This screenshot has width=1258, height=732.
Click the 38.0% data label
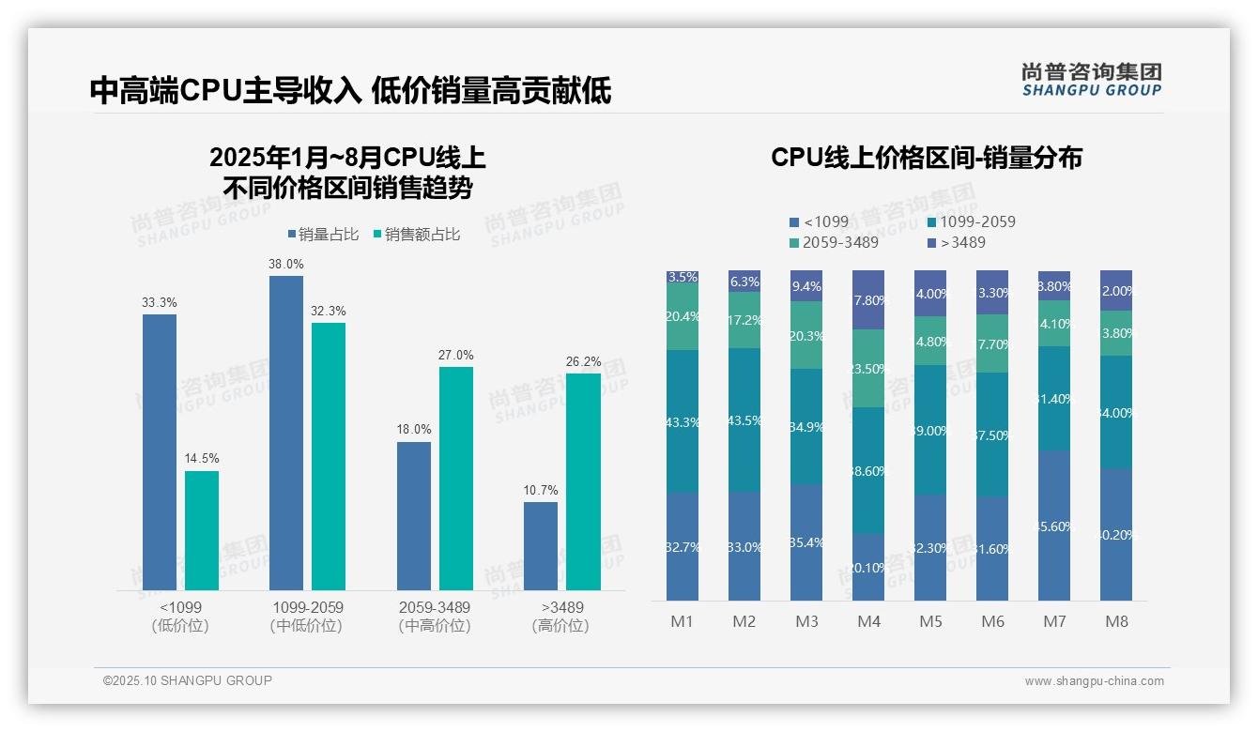click(x=286, y=265)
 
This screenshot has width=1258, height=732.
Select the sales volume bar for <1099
click(x=160, y=451)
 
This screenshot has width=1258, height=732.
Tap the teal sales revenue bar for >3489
click(x=583, y=481)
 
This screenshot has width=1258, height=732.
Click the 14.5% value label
click(x=202, y=459)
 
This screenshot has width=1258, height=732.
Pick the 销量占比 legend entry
click(x=323, y=235)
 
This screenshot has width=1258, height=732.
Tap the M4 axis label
click(x=868, y=621)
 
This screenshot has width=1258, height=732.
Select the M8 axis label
click(x=1116, y=621)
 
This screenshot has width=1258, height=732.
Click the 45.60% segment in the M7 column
click(x=1054, y=526)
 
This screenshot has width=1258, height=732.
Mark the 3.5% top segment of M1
click(x=683, y=277)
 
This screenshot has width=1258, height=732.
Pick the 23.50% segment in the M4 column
click(x=868, y=369)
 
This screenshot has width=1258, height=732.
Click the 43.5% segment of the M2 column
click(x=744, y=420)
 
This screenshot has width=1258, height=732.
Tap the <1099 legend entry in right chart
click(x=819, y=222)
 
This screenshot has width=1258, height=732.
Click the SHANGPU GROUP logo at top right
click(x=1091, y=80)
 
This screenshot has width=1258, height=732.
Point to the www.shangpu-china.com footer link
click(x=1094, y=681)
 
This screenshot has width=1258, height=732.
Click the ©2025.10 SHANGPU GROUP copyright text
click(x=188, y=680)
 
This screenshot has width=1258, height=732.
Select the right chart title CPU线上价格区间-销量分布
click(x=926, y=158)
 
